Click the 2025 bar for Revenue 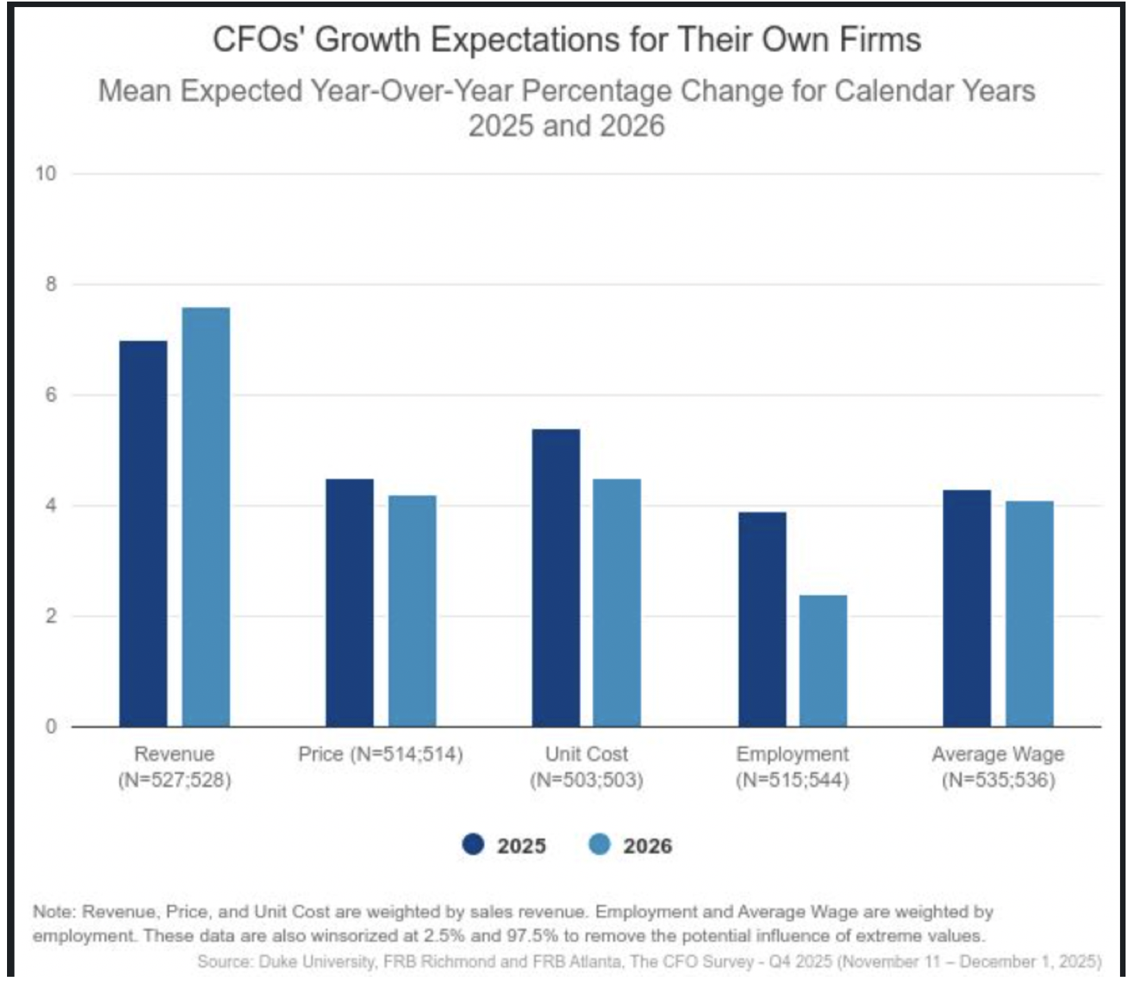(x=143, y=534)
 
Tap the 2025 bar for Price (x=349, y=602)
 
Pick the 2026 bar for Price (x=412, y=611)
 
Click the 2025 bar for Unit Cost (x=555, y=577)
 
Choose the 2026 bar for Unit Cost (x=617, y=602)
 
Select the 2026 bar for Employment (x=823, y=661)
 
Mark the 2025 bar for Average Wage (x=966, y=608)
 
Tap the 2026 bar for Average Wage (x=1029, y=613)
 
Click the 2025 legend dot (x=473, y=845)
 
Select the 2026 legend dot (x=599, y=845)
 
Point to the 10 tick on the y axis (x=46, y=173)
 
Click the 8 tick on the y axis (x=51, y=284)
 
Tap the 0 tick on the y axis (x=51, y=726)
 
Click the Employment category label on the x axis (x=792, y=754)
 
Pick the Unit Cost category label (x=586, y=754)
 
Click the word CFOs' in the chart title (x=259, y=40)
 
